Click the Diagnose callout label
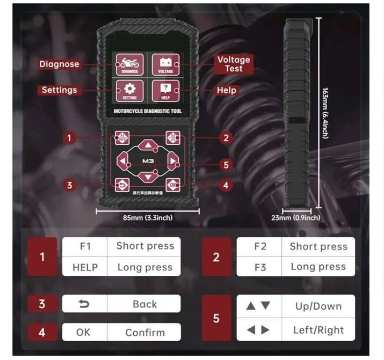pos(59,64)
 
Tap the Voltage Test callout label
pos(234,64)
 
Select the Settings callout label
pos(59,90)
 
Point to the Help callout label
pos(226,90)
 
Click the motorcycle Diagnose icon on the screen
pos(129,64)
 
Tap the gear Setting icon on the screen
pos(129,90)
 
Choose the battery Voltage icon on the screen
pos(165,64)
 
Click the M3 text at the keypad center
pos(148,161)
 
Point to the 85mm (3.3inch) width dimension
pos(148,217)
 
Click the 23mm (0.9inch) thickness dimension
pos(295,217)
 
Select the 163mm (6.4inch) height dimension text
pos(325,113)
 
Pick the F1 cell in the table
pos(85,246)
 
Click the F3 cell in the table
pos(259,267)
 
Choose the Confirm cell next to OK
pos(144,332)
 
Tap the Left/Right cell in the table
pos(318,330)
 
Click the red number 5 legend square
pos(216,318)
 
